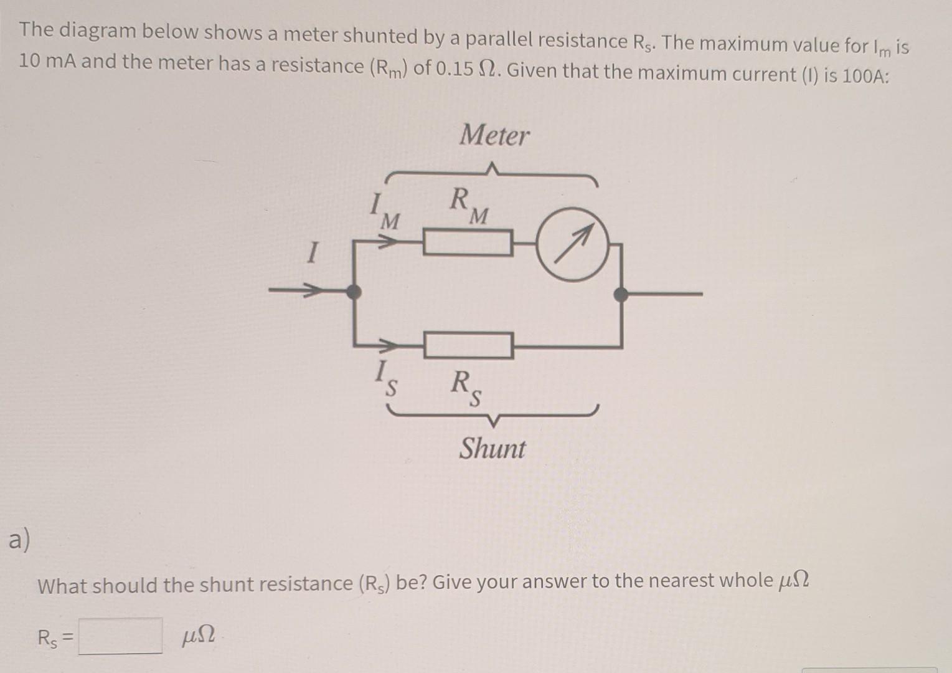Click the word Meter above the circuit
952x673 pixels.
[x=494, y=135]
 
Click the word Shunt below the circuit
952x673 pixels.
[x=492, y=449]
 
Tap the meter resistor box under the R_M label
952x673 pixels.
[x=468, y=242]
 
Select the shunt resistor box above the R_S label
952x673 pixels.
[x=469, y=345]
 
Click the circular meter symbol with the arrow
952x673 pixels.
[x=572, y=244]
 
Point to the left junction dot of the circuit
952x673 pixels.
[x=354, y=291]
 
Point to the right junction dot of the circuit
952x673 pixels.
[x=621, y=295]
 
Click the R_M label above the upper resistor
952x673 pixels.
[x=469, y=206]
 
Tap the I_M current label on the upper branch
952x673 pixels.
[x=385, y=212]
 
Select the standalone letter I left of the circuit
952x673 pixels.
[x=313, y=254]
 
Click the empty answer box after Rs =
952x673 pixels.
[x=120, y=636]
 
